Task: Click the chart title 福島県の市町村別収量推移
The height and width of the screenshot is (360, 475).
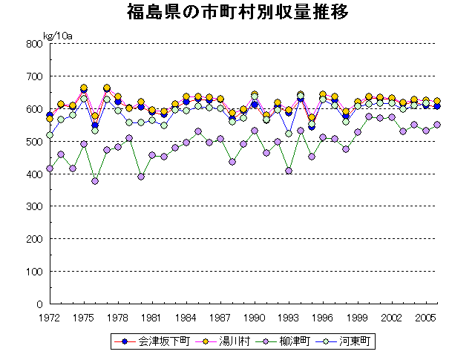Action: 238,13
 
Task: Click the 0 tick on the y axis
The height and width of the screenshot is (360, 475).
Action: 38,304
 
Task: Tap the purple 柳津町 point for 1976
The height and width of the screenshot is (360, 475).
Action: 95,181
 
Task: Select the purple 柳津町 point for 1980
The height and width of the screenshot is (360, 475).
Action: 141,177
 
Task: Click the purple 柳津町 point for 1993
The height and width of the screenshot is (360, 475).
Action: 289,171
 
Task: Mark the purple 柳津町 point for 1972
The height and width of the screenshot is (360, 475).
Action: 50,168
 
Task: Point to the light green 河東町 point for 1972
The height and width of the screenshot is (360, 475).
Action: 50,135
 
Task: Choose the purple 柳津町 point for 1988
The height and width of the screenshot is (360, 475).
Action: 232,161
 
